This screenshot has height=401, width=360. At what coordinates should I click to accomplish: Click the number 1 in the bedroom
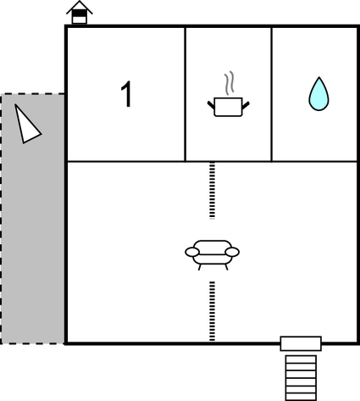coord(126,94)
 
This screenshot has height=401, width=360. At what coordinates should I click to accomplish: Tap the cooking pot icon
coord(228,107)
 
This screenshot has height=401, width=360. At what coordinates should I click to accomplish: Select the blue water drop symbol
coord(318,93)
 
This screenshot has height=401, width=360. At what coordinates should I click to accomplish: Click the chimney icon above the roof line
coord(80,13)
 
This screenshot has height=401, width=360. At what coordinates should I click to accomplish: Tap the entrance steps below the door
coord(301,378)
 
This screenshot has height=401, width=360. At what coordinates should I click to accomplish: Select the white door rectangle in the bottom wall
coord(301,343)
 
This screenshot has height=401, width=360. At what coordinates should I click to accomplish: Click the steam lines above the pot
coord(230,83)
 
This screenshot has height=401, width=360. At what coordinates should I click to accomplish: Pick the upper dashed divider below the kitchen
coord(212,191)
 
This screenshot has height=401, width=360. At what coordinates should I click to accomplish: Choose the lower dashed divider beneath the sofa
coord(212,311)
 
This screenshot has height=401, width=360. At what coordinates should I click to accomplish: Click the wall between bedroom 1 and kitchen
coord(185,94)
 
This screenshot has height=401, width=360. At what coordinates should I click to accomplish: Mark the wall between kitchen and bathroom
coord(271,94)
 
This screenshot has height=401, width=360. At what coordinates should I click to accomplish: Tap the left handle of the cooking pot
coord(211,105)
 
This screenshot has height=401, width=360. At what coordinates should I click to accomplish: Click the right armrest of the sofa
coord(232,252)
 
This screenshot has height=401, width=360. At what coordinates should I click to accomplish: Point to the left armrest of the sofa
coord(192,252)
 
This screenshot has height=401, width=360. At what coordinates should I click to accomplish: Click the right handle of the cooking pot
coord(246,105)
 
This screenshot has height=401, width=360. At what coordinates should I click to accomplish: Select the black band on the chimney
coord(80,13)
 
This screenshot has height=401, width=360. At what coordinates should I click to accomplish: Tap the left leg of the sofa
coord(200,267)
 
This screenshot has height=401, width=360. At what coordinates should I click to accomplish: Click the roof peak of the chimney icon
coord(80,1)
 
